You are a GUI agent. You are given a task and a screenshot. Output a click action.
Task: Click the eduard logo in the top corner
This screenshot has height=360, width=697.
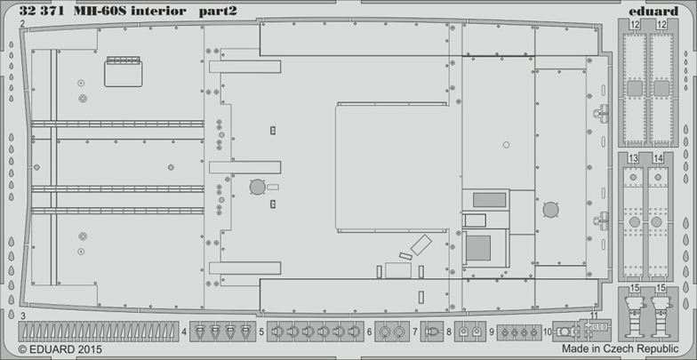660,9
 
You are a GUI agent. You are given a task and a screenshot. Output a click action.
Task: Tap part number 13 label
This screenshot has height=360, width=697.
632,158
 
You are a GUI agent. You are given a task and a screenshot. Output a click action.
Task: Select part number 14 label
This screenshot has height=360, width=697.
659,158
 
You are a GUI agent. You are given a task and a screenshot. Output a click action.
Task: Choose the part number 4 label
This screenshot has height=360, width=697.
184,332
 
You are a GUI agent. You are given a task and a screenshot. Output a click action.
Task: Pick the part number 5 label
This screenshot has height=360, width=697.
261,332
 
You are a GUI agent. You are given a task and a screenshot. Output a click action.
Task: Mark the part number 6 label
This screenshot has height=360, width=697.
368,332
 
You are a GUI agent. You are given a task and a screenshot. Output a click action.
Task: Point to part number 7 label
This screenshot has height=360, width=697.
415,332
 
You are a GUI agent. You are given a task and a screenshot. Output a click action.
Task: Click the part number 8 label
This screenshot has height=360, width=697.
449,332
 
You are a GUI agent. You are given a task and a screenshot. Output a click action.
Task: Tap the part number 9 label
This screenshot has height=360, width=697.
491,332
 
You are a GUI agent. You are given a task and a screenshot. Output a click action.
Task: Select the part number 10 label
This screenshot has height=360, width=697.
547,332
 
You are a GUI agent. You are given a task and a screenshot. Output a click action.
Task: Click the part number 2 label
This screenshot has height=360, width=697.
21,26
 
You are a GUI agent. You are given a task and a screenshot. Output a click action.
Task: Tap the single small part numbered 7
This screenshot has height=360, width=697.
432,332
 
